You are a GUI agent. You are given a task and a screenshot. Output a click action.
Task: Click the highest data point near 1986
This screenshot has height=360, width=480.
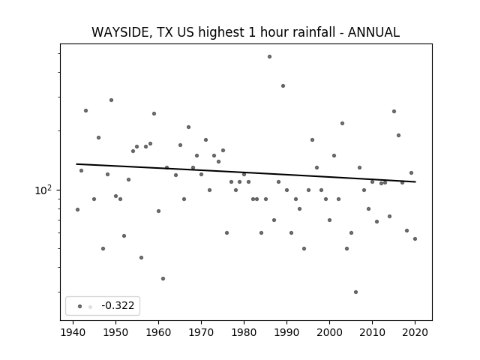[x=269, y=57]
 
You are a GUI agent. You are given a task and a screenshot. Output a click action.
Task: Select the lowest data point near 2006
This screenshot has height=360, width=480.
[x=355, y=292]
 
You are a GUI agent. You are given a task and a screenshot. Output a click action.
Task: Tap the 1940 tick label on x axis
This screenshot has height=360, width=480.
[x=73, y=332]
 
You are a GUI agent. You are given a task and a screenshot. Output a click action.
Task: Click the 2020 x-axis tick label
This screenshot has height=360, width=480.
[x=415, y=332]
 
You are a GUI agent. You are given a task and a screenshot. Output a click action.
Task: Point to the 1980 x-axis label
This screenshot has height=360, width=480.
[x=244, y=332]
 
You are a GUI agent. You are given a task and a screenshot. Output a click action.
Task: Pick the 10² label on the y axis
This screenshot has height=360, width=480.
[x=43, y=190]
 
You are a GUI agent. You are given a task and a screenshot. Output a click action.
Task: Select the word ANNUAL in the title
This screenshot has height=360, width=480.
[x=373, y=32]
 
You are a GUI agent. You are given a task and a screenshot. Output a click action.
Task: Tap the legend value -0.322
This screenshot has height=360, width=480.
[x=118, y=305]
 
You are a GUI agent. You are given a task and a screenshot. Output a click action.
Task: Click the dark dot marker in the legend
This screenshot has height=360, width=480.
[x=80, y=307]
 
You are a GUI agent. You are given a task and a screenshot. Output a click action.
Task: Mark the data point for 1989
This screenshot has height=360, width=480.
[x=283, y=86]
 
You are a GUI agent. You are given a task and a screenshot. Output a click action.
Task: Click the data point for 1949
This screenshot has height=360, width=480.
[x=112, y=100]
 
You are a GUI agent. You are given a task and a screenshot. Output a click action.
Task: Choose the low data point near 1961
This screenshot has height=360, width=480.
[x=163, y=278]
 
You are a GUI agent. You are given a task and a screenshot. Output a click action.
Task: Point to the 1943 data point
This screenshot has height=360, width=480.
[x=85, y=110]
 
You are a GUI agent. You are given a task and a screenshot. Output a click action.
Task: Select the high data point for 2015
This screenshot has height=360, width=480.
[x=394, y=112]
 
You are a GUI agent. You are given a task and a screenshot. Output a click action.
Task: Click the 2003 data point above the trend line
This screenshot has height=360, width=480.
[x=342, y=123]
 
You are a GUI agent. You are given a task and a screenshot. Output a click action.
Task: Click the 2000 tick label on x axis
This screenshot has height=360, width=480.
[x=329, y=332]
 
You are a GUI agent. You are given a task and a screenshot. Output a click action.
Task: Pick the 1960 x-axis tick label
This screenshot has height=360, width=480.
[x=158, y=332]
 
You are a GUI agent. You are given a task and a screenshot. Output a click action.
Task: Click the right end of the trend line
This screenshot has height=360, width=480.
[x=415, y=181]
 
